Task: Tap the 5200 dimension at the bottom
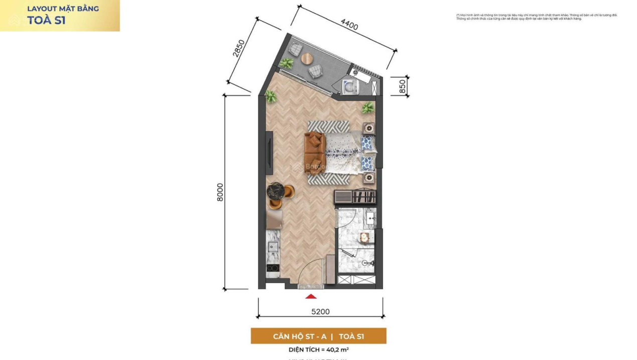(x=320, y=311)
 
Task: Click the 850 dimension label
(x=402, y=86)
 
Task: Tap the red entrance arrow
(x=311, y=296)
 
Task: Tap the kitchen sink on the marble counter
(x=273, y=247)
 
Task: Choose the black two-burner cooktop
(x=273, y=268)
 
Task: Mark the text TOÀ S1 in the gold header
(x=46, y=21)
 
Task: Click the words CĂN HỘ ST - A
(x=299, y=336)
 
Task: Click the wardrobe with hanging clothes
(x=355, y=196)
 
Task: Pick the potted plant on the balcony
(x=287, y=63)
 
